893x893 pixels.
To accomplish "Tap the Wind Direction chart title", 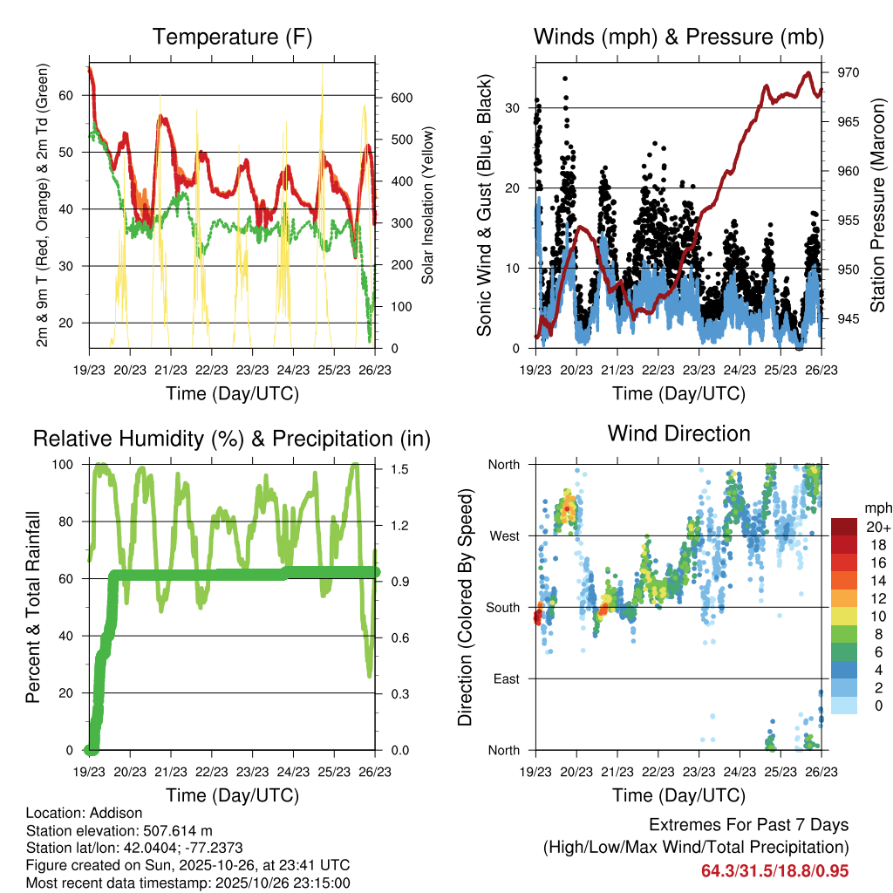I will (x=678, y=433).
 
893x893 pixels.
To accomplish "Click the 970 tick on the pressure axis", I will (x=848, y=72).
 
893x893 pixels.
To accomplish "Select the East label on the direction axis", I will (x=505, y=678).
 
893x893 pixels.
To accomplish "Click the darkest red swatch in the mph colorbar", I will (x=843, y=527).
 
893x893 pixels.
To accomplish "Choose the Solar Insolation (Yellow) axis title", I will (x=428, y=206).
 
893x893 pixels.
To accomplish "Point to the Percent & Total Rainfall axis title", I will (x=32, y=607).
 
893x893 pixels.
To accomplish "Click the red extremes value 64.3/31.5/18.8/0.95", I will (x=774, y=870).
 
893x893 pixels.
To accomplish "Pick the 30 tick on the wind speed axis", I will (x=515, y=108).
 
